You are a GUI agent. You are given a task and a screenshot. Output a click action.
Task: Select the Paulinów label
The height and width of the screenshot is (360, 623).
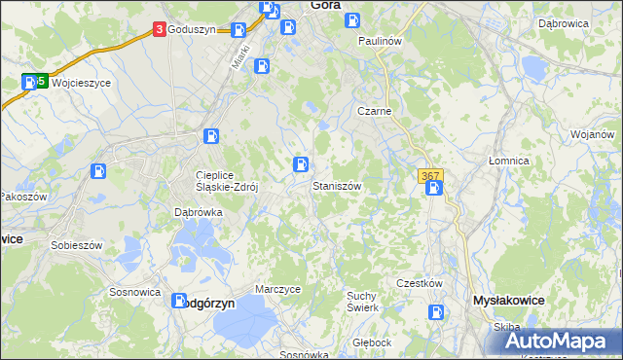pos(380,41)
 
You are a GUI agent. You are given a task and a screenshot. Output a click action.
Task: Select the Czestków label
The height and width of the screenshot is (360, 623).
pos(420,283)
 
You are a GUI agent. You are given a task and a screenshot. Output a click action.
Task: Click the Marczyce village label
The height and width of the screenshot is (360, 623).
pos(277,290)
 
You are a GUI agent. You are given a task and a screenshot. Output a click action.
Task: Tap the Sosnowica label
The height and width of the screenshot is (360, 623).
pos(134,291)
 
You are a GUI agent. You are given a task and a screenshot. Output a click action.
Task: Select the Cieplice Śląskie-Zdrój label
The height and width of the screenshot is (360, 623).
pos(225,182)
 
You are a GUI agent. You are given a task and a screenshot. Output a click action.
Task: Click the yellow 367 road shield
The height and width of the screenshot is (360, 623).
pos(431,176)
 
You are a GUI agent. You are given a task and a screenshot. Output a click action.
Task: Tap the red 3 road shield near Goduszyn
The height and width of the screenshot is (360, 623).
pos(159,30)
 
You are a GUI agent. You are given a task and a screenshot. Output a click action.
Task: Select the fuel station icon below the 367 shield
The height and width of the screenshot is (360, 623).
pos(435,188)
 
